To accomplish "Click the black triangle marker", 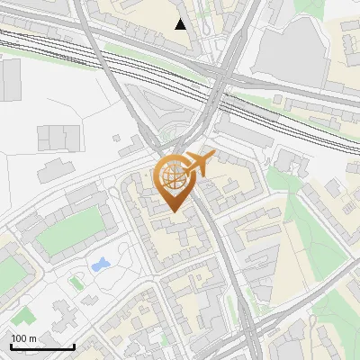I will [181, 23].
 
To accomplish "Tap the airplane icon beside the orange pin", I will [199, 164].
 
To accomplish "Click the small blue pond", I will [99, 265].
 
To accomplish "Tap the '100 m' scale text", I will [23, 338].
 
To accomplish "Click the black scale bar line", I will [42, 346].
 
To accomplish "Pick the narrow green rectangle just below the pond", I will [76, 283].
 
